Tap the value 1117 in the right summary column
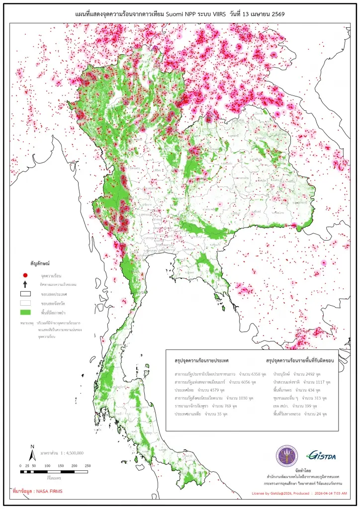point(324,381)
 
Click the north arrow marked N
point(32,453)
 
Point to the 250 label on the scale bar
point(88,465)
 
